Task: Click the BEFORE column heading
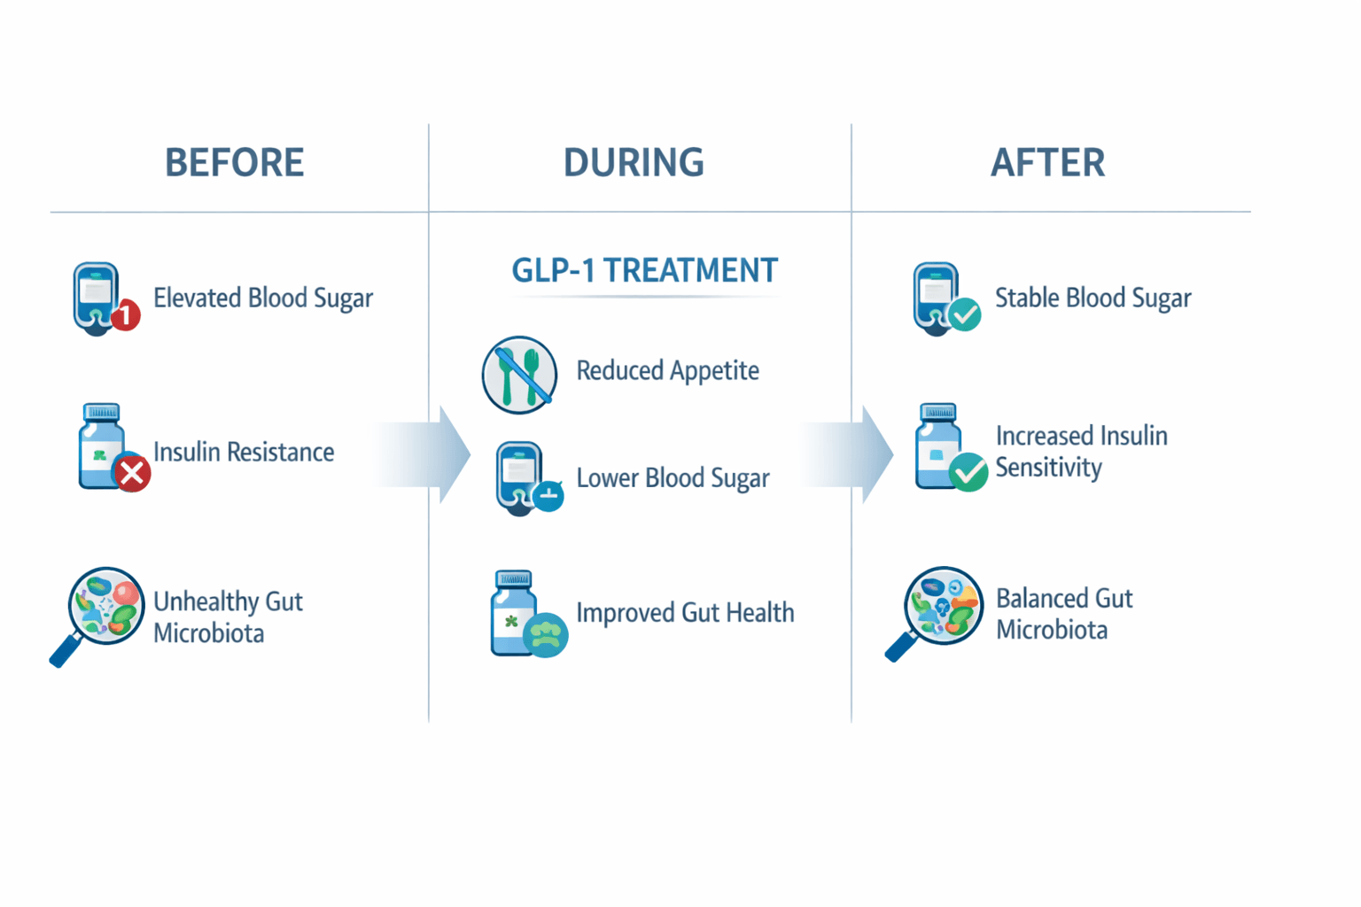(x=234, y=163)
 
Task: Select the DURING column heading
(x=634, y=163)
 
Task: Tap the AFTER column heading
(x=1047, y=163)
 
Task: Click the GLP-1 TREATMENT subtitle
(x=644, y=270)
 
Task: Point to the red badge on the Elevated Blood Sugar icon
(x=126, y=314)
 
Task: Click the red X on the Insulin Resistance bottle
(x=133, y=474)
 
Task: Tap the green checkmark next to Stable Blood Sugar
(x=964, y=314)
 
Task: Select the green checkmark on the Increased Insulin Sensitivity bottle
(x=968, y=472)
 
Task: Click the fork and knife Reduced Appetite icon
(x=520, y=375)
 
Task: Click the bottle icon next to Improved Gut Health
(x=516, y=613)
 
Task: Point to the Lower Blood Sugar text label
(x=673, y=478)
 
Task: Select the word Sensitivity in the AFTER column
(x=1048, y=468)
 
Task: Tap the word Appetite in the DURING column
(x=714, y=371)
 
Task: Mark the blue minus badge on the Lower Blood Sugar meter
(x=548, y=495)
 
